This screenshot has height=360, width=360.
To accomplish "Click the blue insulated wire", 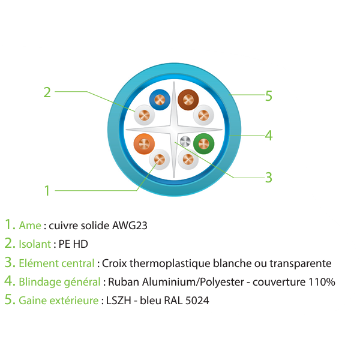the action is [x=160, y=100].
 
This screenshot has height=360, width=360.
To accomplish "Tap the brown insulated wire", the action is [x=188, y=100].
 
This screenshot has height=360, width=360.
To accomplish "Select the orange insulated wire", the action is [x=144, y=144].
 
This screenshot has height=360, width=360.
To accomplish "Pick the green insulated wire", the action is [x=203, y=144].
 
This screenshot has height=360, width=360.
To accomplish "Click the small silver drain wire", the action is [x=185, y=142].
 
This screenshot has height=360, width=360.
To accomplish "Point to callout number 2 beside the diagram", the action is [x=47, y=92].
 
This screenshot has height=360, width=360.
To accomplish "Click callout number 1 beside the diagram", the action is [x=47, y=191].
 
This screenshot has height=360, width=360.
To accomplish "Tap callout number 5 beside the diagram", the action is [x=269, y=96].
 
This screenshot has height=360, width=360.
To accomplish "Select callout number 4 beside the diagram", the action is [x=269, y=136].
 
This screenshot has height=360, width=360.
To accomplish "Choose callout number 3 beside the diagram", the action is [x=269, y=178].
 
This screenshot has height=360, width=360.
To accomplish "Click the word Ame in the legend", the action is [x=30, y=226].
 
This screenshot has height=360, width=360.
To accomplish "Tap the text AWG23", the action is [x=130, y=226].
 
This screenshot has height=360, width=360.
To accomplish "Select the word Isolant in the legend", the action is [x=35, y=244].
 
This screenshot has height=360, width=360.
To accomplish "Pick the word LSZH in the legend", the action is [x=118, y=301].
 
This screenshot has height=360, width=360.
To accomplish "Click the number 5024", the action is [x=197, y=301].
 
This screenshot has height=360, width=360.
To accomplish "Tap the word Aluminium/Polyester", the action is [x=193, y=282].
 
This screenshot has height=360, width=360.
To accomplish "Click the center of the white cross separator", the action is [x=174, y=130].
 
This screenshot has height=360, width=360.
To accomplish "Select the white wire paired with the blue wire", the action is [x=144, y=115].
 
